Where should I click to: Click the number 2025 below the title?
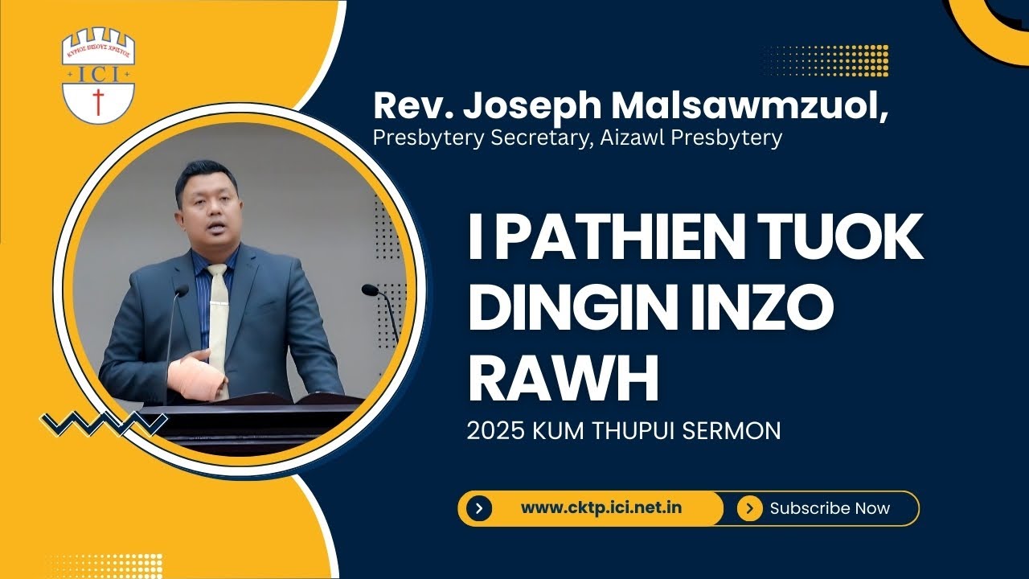(495, 431)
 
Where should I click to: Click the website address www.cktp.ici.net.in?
(601, 508)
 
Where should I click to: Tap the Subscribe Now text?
(830, 508)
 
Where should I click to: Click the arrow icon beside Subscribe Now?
(749, 508)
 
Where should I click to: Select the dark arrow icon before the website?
(479, 508)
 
